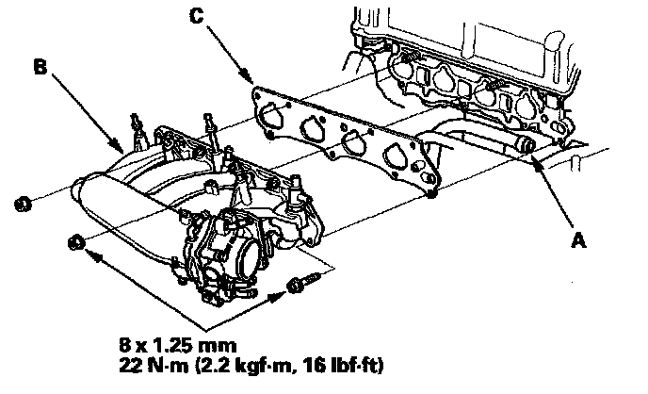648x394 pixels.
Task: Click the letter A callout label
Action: (x=580, y=241)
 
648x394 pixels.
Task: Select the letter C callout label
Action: (x=195, y=15)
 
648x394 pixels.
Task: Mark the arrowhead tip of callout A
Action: (x=535, y=161)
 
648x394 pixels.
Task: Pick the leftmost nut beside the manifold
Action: (x=24, y=202)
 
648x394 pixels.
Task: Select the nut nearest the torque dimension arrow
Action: (x=77, y=244)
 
